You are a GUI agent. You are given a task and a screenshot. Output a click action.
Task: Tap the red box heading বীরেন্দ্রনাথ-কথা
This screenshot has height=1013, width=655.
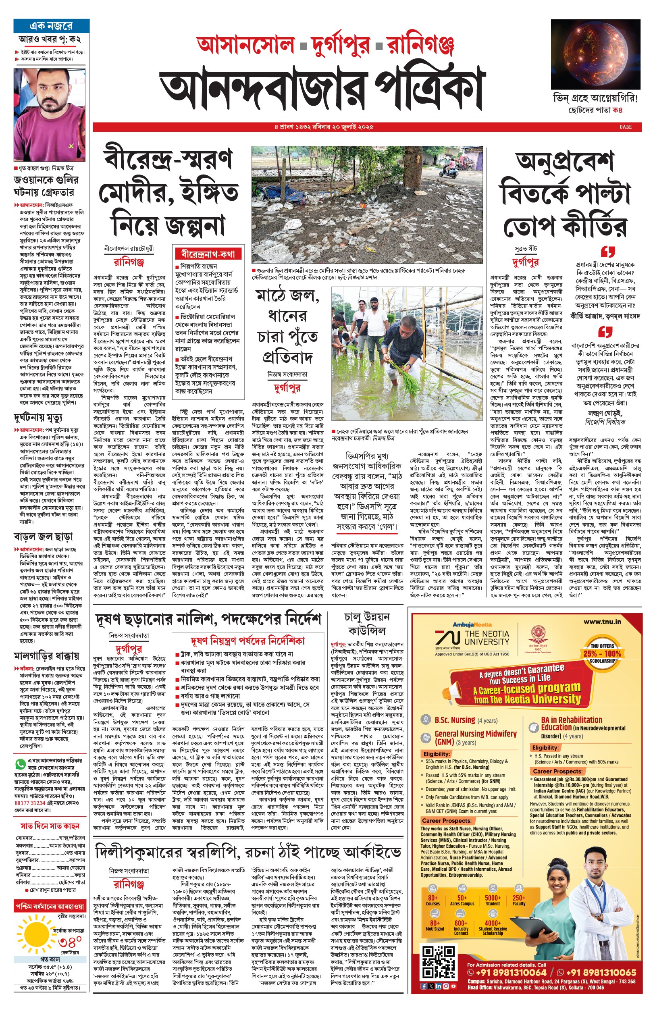point(208,254)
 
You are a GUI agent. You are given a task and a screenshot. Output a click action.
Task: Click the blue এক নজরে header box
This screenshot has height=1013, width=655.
point(51,26)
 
